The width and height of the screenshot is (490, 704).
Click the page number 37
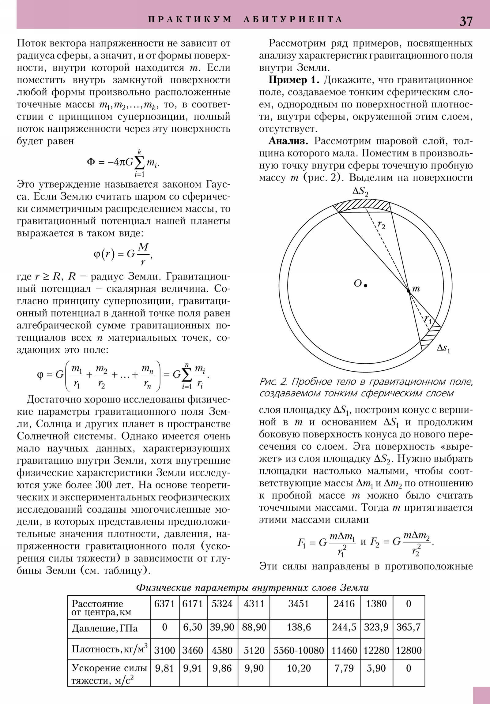pyautogui.click(x=466, y=21)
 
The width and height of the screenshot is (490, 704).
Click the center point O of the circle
pyautogui.click(x=365, y=286)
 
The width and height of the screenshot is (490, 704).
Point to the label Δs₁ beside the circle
pyautogui.click(x=443, y=348)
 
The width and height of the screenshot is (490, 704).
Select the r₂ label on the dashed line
pyautogui.click(x=381, y=225)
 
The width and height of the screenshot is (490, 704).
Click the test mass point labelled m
pyautogui.click(x=409, y=291)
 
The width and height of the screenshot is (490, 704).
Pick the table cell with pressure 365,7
pyautogui.click(x=409, y=627)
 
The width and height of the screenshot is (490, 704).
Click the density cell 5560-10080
pyautogui.click(x=299, y=650)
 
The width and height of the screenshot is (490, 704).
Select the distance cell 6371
pyautogui.click(x=164, y=604)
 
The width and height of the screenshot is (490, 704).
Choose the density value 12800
pyautogui.click(x=409, y=650)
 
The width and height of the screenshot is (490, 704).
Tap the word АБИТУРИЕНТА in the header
pyautogui.click(x=293, y=20)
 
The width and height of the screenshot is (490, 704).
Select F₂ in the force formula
pyautogui.click(x=375, y=542)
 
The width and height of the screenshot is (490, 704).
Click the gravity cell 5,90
pyautogui.click(x=376, y=668)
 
